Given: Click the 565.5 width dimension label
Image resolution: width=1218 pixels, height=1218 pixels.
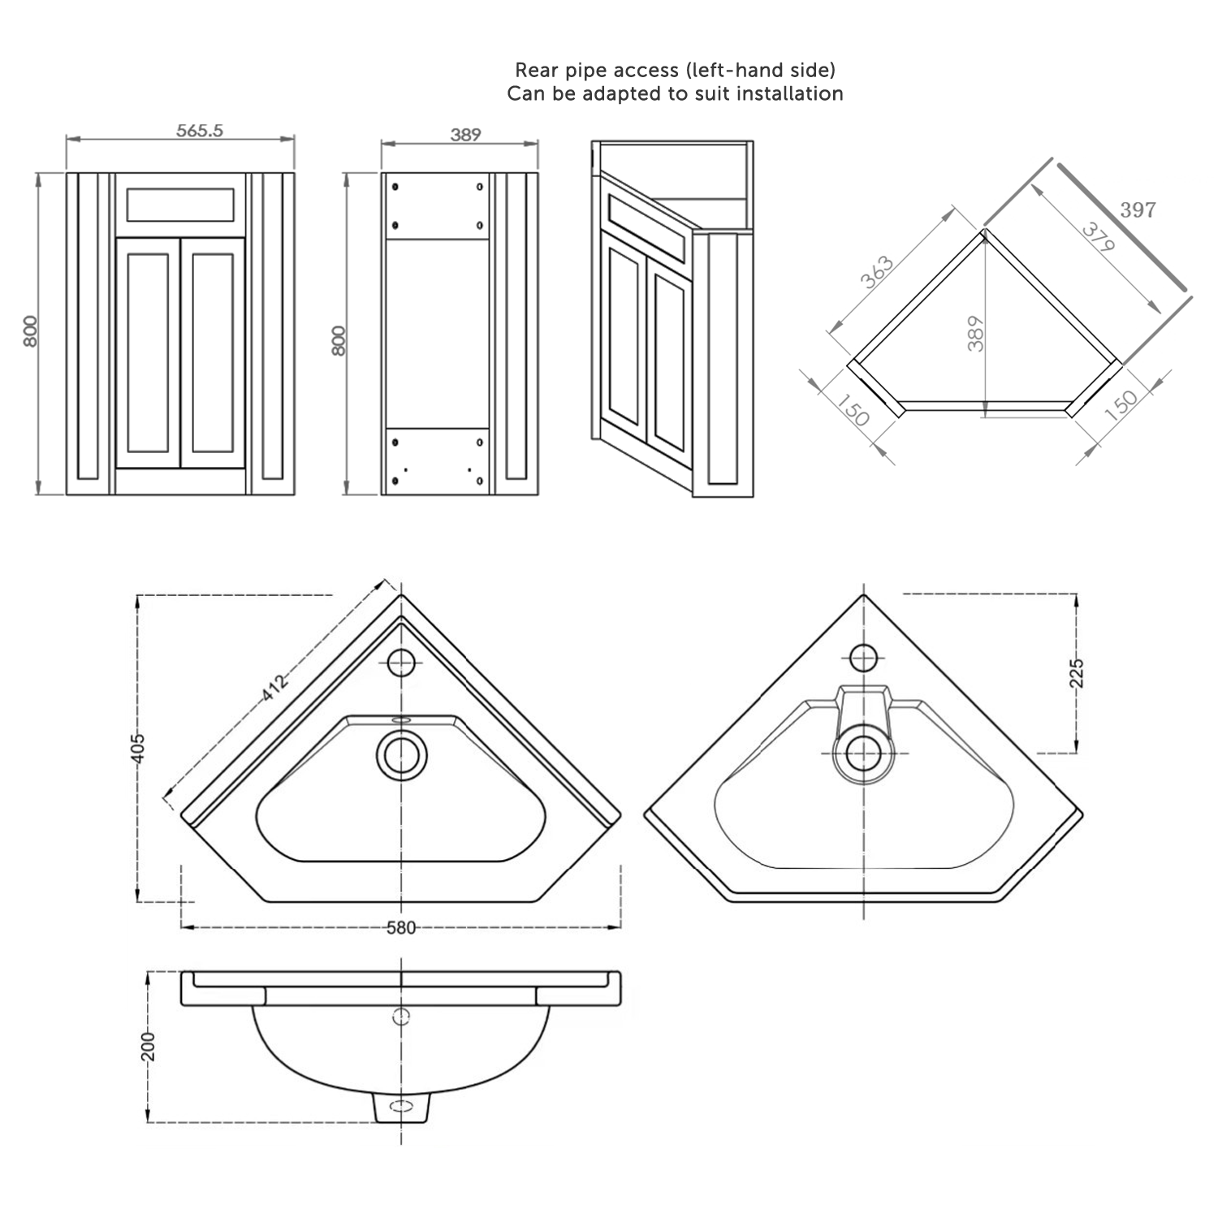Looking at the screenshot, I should coord(200,130).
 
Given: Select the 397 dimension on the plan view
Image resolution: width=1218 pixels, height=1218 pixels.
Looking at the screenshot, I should coord(1137,209).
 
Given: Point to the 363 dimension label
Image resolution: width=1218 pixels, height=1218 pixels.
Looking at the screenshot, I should coord(877,272).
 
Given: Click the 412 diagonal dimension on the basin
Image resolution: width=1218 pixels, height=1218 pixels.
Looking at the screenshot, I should coord(275,687).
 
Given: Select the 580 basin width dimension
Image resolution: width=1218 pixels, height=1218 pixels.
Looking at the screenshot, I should coord(401,927).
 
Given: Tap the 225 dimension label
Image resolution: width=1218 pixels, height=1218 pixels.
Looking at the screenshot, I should coord(1077,673).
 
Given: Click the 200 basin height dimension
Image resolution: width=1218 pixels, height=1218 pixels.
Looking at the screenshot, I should coord(148,1047).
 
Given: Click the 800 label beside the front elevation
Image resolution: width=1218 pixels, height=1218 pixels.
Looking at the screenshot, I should coord(30,331).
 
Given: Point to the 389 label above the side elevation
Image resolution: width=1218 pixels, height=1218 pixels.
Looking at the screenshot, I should coord(466,135).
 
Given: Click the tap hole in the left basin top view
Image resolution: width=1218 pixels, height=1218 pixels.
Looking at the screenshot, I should coord(401,663).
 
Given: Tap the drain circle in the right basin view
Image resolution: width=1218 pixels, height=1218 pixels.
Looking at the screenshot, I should coord(863,754).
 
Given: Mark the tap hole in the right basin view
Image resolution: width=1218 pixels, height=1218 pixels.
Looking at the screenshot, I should coord(863,657).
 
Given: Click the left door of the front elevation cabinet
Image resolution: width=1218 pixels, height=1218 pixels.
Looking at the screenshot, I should coord(148,352).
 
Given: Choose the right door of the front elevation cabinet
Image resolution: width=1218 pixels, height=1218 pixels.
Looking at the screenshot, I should coord(213,352).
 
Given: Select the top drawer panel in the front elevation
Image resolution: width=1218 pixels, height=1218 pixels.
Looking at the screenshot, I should coord(180,205).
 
